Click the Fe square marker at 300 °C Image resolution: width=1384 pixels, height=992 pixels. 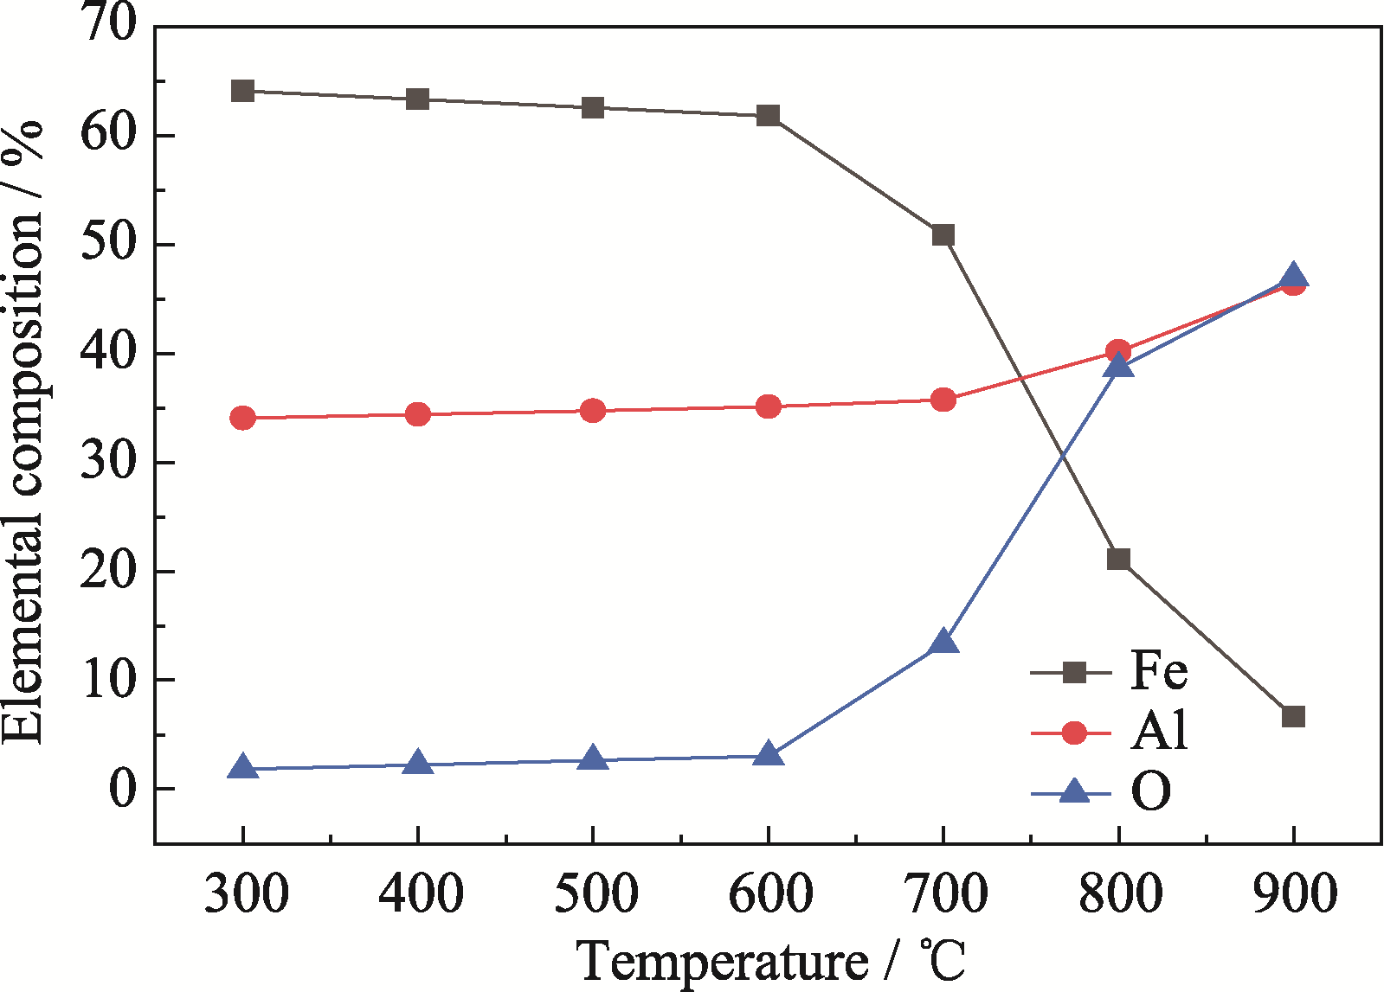(243, 91)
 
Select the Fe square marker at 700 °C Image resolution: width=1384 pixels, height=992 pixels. (943, 235)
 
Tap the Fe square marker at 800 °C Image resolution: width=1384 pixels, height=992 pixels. (1118, 560)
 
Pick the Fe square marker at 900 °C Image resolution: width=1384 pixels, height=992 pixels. (1293, 717)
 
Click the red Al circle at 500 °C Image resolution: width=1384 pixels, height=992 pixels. (593, 411)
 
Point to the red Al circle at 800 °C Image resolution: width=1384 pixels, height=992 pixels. (1118, 351)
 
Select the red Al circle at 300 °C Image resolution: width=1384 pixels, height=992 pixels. (243, 419)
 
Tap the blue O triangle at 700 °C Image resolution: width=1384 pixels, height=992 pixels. (943, 643)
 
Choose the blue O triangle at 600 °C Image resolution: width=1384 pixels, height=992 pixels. (768, 754)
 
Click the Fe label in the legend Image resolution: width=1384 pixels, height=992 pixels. (1159, 671)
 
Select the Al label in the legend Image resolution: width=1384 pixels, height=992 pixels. (1159, 732)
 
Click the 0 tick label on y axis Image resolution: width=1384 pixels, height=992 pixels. (123, 790)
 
